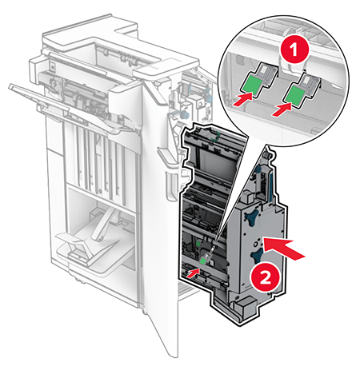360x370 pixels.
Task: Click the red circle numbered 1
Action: tap(294, 50)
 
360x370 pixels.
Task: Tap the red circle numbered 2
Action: tap(265, 279)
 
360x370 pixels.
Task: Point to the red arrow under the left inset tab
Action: tap(242, 99)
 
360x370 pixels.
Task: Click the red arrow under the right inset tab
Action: tap(282, 110)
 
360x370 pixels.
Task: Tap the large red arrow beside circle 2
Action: tap(283, 248)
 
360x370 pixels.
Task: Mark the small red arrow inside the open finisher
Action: tap(193, 273)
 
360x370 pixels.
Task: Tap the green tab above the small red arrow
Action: tap(203, 261)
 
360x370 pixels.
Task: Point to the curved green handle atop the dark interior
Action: tap(215, 136)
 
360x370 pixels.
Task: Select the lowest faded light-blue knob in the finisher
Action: tap(184, 115)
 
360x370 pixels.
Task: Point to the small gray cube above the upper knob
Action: tap(248, 198)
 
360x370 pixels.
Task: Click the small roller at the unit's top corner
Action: tap(267, 154)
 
